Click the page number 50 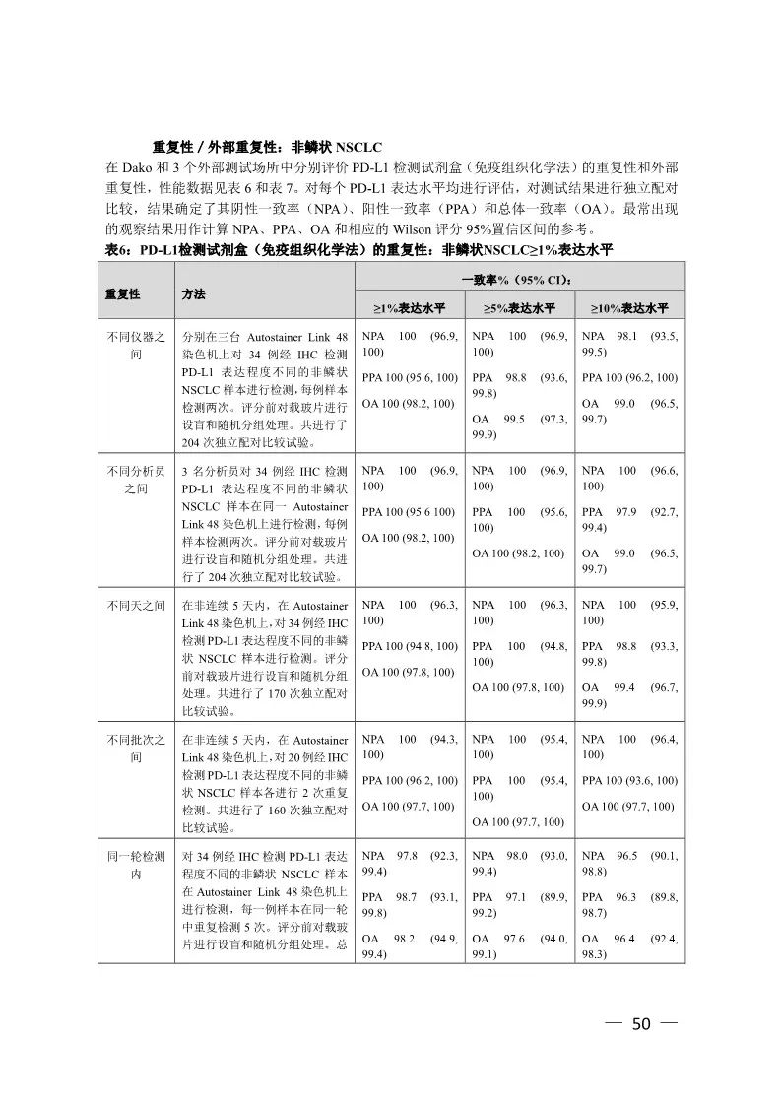tap(641, 1024)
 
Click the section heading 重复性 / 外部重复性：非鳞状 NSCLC tap(253, 147)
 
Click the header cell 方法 tap(194, 294)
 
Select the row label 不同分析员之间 tap(136, 479)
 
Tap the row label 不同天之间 tap(136, 605)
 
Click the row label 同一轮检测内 tap(136, 865)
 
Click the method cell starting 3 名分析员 tap(264, 523)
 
